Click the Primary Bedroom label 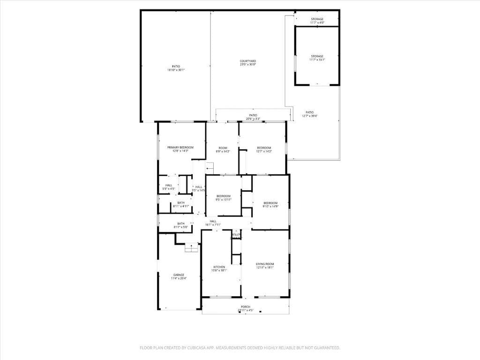[180, 147]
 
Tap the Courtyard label [248, 61]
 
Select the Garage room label [179, 275]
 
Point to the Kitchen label [219, 267]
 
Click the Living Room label [265, 264]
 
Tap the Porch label [246, 307]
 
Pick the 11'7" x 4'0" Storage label [317, 19]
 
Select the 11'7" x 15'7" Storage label [317, 56]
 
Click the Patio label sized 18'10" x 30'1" [176, 67]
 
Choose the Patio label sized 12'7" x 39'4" [310, 112]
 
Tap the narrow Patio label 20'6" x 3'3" [253, 115]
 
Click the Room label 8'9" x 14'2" [223, 148]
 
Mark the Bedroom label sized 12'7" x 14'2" [264, 148]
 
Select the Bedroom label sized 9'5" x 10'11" [223, 196]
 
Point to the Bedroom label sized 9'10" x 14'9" [270, 203]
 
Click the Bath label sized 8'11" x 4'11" [181, 203]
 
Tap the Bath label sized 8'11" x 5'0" [181, 224]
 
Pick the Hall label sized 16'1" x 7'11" [213, 221]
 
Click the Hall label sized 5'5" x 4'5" [169, 185]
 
